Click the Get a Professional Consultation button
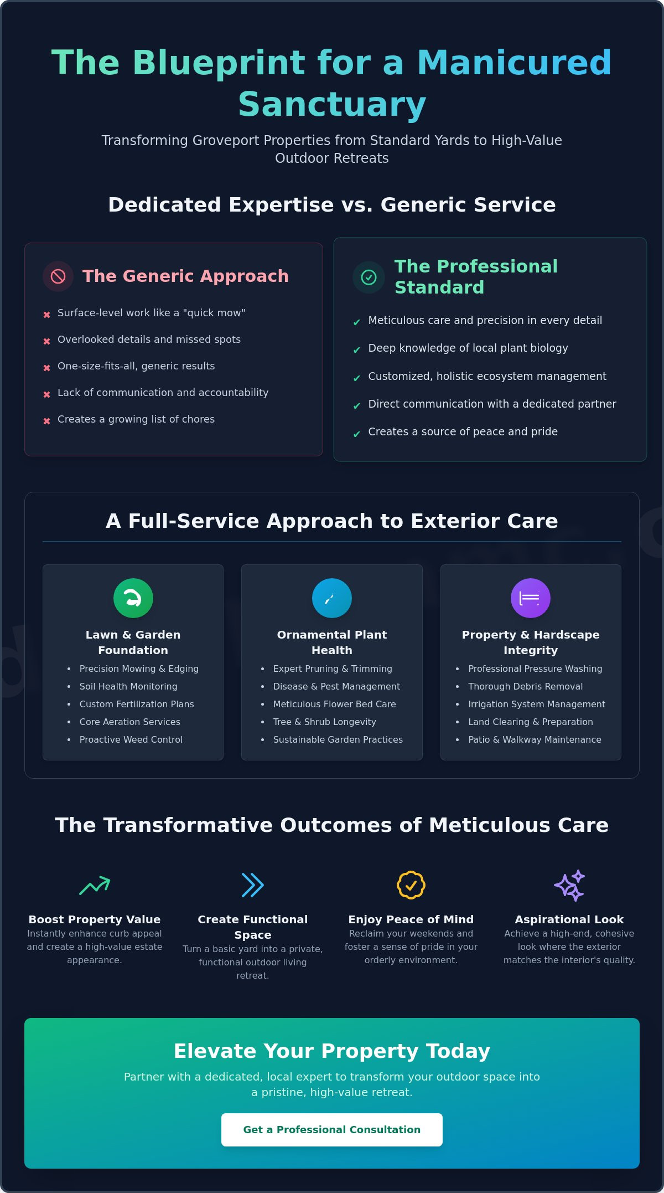click(x=332, y=1129)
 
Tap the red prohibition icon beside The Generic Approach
click(x=58, y=276)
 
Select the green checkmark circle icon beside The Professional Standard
click(x=369, y=277)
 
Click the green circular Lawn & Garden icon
click(x=133, y=598)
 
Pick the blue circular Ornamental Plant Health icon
click(x=332, y=598)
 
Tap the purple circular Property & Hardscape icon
click(x=531, y=598)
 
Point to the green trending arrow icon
click(x=95, y=885)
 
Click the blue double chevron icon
click(x=253, y=885)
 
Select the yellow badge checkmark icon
click(x=411, y=885)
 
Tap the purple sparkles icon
click(x=569, y=885)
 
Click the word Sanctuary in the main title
click(x=332, y=105)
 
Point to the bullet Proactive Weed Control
click(x=131, y=739)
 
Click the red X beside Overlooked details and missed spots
click(x=47, y=341)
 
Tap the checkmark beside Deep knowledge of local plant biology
click(x=357, y=350)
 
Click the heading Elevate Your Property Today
click(x=332, y=1051)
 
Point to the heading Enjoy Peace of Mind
click(x=411, y=919)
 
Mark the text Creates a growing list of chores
click(x=136, y=419)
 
